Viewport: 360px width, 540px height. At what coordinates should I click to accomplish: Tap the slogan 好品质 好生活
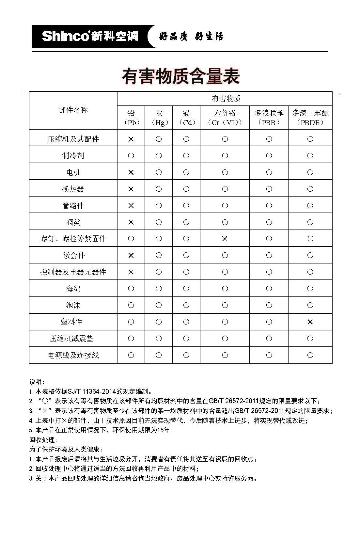(x=191, y=36)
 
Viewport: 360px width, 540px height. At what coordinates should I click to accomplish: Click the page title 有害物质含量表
(x=181, y=76)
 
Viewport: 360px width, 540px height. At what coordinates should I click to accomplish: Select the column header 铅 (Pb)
(x=131, y=118)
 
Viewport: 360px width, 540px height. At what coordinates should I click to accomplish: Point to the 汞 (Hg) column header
(x=159, y=118)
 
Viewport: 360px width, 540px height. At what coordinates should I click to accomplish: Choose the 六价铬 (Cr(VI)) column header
(x=225, y=118)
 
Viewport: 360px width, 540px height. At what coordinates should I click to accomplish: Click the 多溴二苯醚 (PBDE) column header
(x=310, y=118)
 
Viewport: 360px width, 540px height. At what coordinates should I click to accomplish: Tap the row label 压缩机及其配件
(x=73, y=139)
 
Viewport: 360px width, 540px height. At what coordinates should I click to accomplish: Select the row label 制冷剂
(x=73, y=156)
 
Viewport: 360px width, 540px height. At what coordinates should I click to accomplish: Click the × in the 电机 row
(x=131, y=172)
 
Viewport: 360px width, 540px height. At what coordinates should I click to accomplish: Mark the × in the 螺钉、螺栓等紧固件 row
(x=225, y=239)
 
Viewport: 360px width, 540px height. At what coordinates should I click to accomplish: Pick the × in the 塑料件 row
(x=310, y=322)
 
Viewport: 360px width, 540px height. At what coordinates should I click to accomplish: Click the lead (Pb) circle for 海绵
(x=131, y=289)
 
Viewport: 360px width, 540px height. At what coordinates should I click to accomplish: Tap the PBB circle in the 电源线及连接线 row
(x=269, y=355)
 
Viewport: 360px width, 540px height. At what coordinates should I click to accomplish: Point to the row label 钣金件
(x=74, y=255)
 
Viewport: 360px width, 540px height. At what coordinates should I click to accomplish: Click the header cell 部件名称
(x=73, y=110)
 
